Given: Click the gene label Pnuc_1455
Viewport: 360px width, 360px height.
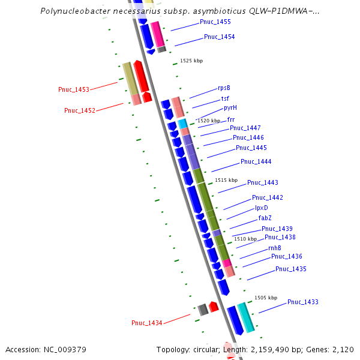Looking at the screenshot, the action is click(x=215, y=22).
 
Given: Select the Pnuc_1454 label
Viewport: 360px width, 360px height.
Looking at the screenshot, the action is click(x=219, y=37).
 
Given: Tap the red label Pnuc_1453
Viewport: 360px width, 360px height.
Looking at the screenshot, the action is click(x=74, y=89).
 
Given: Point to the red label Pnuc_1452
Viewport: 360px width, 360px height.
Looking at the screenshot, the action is click(x=80, y=110).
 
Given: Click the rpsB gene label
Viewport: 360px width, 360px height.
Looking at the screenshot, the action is click(x=224, y=88).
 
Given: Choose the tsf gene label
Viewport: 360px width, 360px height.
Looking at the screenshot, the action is click(x=225, y=98).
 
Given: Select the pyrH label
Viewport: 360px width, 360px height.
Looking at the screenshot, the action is click(x=230, y=108).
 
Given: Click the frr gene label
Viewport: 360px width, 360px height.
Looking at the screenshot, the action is click(x=231, y=119).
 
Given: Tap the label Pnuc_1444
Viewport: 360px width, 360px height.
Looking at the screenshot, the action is click(x=256, y=162).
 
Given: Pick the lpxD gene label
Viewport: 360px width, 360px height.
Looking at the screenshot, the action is click(x=262, y=208).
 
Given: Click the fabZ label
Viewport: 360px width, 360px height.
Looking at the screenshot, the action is click(x=265, y=218).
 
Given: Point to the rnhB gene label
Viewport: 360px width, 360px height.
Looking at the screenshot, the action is click(x=275, y=248).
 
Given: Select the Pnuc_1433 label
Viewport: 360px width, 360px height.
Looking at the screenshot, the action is click(x=302, y=302).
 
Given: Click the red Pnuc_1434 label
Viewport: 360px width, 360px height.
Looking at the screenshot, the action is click(x=147, y=323).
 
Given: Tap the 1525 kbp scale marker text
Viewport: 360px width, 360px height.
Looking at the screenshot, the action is click(x=191, y=61).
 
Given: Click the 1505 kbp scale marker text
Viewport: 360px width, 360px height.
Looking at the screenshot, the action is click(x=266, y=298).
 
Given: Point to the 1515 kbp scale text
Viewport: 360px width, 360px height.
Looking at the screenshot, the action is click(x=226, y=180).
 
